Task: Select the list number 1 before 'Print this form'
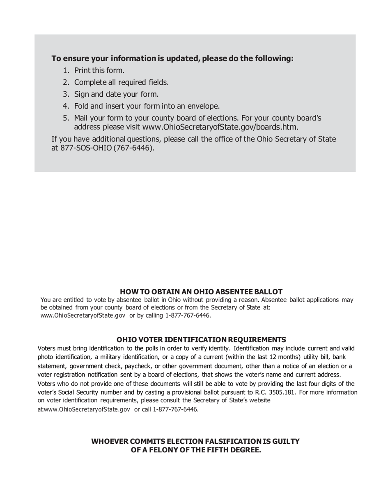click(x=66, y=70)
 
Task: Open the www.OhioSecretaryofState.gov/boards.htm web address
click(x=220, y=127)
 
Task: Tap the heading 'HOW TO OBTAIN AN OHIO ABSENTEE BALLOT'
click(x=201, y=292)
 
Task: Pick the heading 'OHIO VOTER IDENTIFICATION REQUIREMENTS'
click(x=201, y=340)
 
